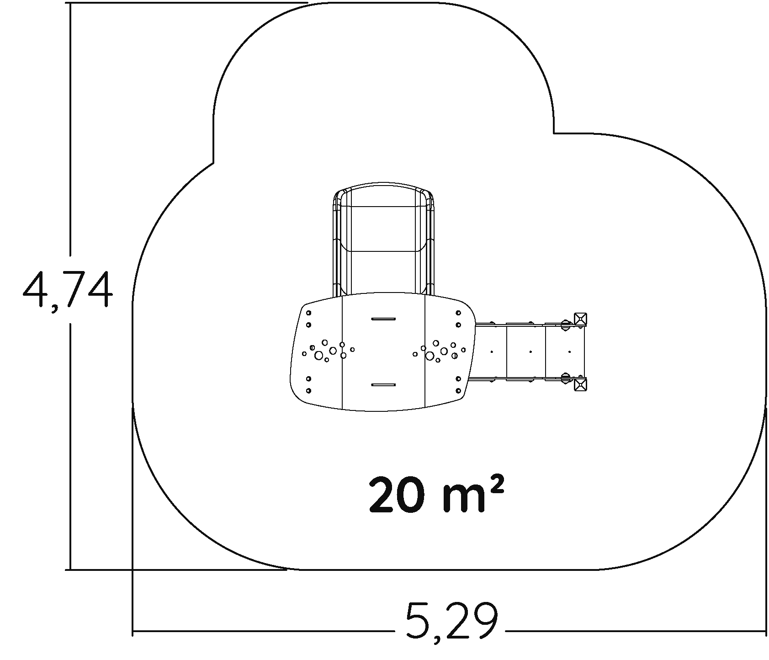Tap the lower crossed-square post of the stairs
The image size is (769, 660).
click(580, 384)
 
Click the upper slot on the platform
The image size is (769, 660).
click(383, 319)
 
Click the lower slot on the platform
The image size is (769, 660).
click(383, 385)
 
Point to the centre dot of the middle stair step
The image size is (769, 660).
click(530, 351)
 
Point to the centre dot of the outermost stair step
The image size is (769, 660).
click(569, 351)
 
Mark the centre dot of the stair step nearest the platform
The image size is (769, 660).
click(492, 351)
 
